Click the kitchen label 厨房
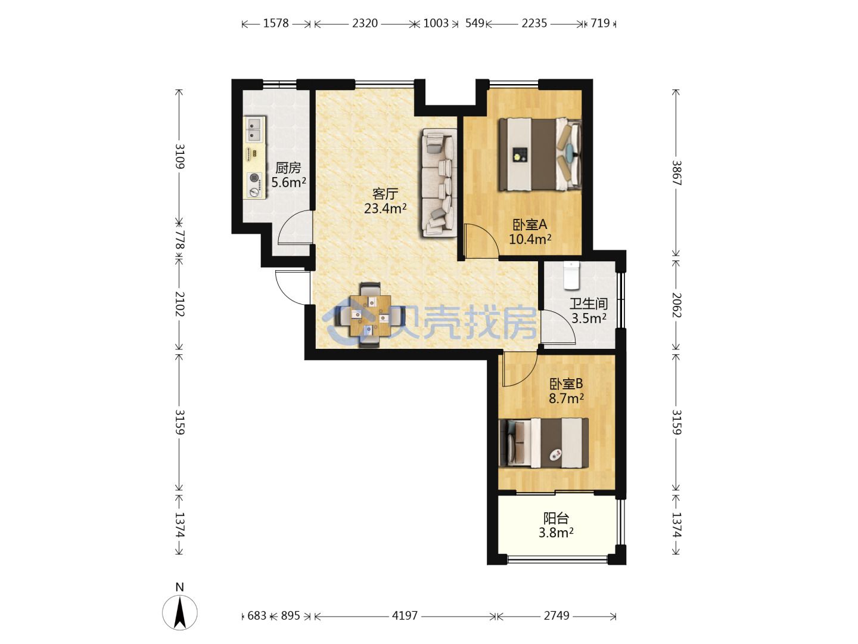288,168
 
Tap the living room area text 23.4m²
386,209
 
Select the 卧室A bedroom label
530,224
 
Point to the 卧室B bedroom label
566,384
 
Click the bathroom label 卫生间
589,304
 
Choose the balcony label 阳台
556,519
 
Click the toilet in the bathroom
571,275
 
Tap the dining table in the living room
370,315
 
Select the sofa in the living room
439,183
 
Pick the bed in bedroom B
544,442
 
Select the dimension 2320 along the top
365,23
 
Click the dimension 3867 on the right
676,173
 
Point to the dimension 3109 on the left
179,156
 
